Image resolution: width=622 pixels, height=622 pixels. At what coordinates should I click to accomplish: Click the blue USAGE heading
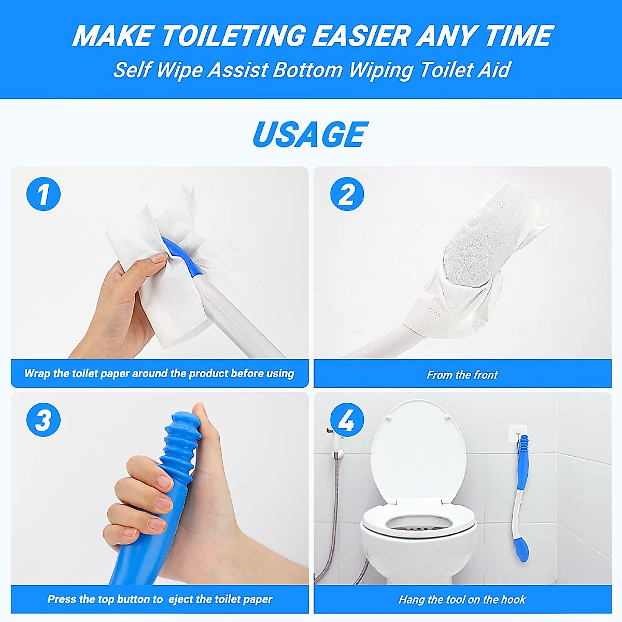coord(310,134)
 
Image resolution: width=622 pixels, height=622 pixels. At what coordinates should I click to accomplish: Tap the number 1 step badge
coord(43,194)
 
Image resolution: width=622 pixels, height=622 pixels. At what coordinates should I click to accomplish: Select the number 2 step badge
coord(347,194)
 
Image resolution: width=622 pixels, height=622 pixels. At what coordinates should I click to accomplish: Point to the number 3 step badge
coord(43,419)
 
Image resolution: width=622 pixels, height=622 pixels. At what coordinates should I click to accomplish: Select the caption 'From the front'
coord(462,375)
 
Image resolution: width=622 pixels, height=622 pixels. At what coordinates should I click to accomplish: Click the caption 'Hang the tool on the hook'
coord(462,600)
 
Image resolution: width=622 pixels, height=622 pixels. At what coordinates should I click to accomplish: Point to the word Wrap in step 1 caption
coord(37,374)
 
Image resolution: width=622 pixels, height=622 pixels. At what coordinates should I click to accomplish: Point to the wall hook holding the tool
coord(518,433)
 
